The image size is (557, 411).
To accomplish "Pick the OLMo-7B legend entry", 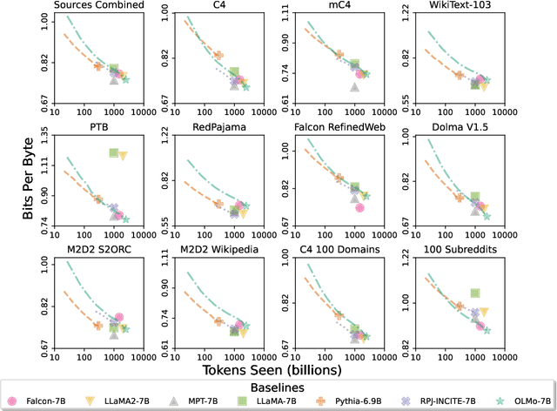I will [x=519, y=400].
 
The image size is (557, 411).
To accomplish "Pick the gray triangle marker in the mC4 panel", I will [x=354, y=87].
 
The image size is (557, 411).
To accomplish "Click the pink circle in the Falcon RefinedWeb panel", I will [x=359, y=207].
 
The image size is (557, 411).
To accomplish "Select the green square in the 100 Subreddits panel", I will [x=475, y=293].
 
